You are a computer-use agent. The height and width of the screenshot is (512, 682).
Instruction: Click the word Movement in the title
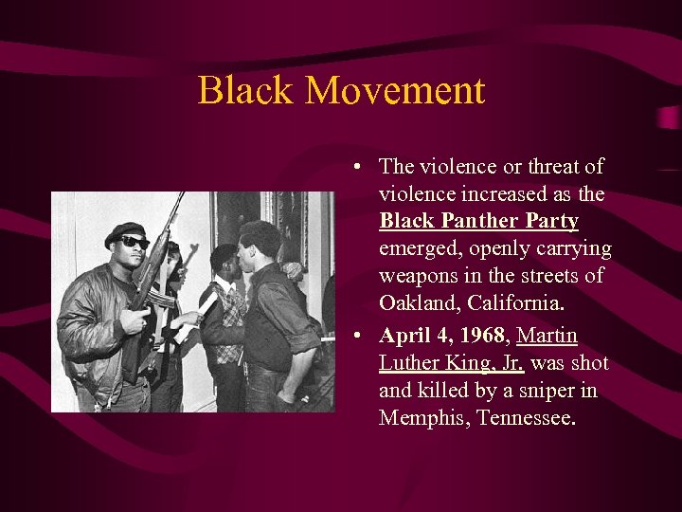click(x=395, y=91)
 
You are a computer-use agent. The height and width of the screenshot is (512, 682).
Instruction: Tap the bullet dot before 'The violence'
click(x=352, y=168)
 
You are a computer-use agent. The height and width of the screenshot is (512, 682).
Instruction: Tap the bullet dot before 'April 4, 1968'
click(x=352, y=338)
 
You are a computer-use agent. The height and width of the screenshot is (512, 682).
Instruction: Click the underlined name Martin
click(x=547, y=336)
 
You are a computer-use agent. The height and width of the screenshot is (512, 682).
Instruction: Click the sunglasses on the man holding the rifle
click(x=134, y=243)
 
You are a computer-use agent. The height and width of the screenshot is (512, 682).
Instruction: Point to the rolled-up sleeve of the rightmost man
click(x=304, y=337)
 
